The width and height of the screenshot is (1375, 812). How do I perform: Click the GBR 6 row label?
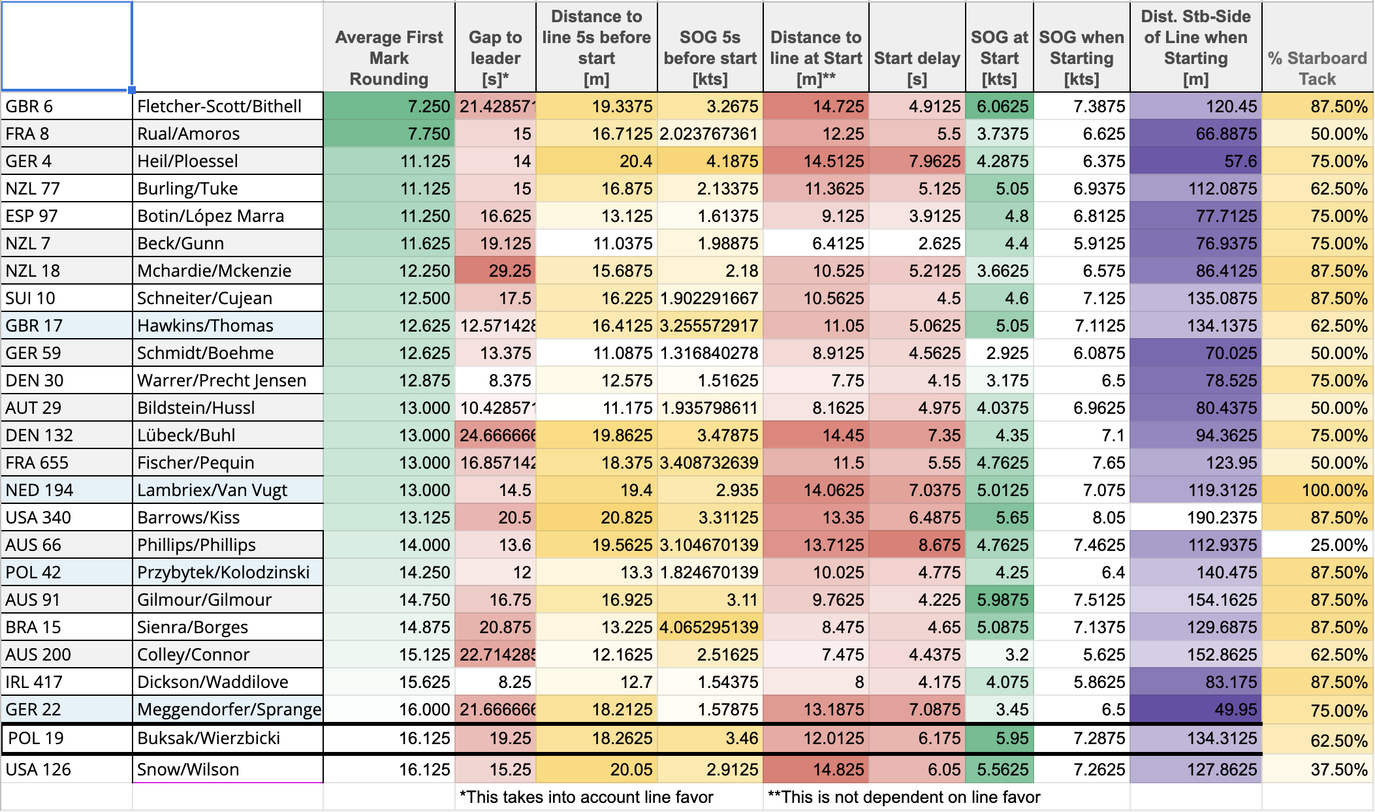[29, 106]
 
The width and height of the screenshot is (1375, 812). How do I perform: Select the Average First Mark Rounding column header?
[389, 58]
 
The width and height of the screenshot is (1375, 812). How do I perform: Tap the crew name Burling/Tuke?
[187, 189]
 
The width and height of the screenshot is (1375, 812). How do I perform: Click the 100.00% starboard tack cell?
[1335, 490]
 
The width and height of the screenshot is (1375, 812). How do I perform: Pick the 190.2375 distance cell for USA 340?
[1222, 518]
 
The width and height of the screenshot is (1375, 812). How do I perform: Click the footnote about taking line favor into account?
[586, 797]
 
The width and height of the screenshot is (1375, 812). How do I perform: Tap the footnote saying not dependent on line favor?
[904, 797]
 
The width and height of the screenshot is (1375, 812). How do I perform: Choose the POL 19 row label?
[36, 738]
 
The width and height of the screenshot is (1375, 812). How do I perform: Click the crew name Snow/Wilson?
[188, 770]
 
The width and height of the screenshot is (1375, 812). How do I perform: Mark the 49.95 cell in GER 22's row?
[1236, 710]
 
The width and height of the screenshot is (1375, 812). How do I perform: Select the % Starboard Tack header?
[1317, 69]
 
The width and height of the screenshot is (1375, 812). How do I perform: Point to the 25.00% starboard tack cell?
[1339, 545]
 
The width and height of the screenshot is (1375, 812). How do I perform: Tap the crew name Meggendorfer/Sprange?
[229, 710]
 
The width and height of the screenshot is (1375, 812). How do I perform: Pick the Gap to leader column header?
[495, 58]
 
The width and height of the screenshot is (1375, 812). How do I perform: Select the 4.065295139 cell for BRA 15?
[709, 627]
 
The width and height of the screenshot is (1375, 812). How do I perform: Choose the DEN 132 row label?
[39, 435]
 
